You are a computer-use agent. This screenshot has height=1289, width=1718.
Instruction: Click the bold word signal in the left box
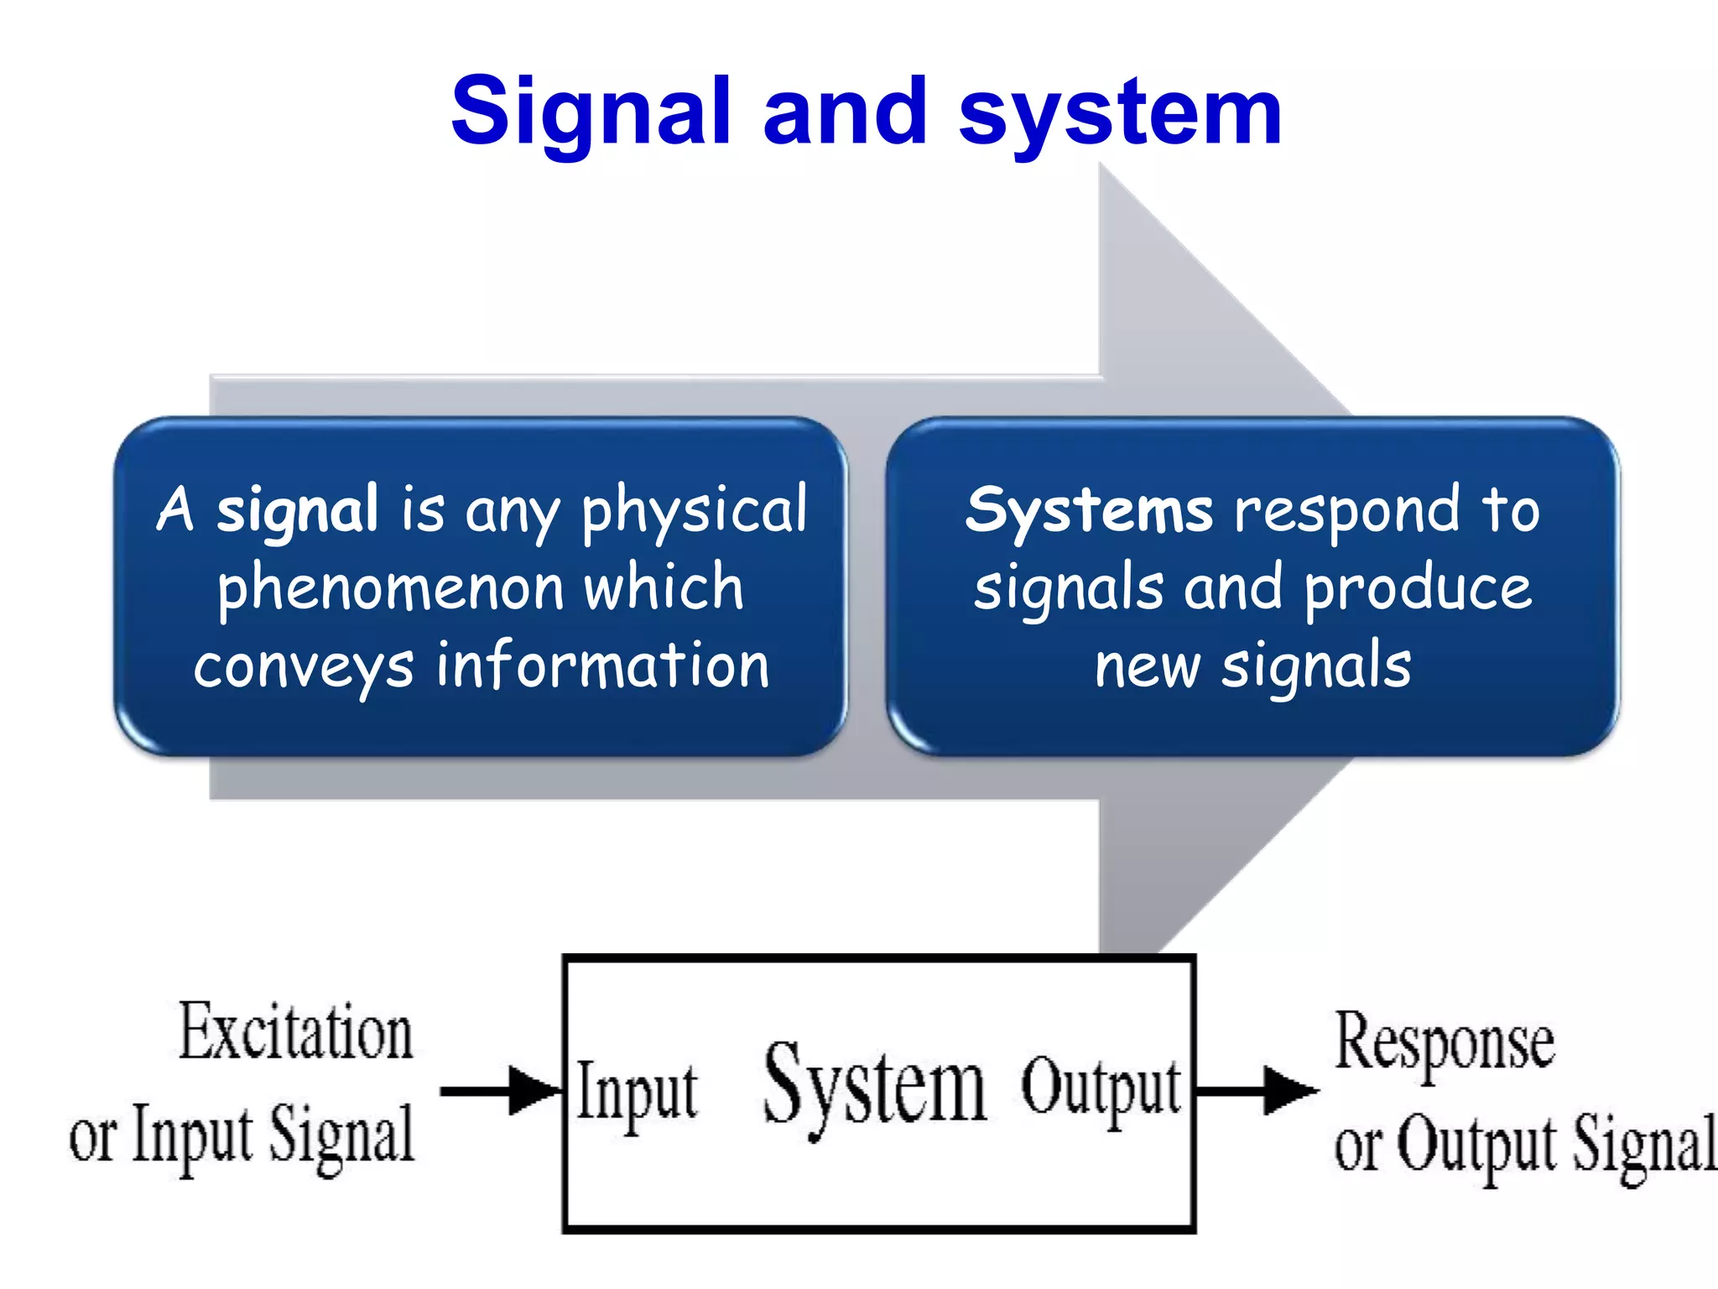[297, 509]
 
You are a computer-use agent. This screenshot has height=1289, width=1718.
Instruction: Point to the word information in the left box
[602, 665]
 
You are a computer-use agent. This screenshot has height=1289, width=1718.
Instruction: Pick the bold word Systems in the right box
[1088, 509]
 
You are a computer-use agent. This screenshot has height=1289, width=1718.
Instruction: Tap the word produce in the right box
[1419, 587]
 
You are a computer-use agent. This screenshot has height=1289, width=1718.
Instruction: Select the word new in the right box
[1147, 665]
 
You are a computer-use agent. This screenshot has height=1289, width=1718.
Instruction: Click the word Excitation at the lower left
[296, 1033]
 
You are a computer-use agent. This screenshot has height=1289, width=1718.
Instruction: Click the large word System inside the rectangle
[874, 1088]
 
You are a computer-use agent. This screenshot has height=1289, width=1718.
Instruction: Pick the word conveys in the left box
[304, 666]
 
